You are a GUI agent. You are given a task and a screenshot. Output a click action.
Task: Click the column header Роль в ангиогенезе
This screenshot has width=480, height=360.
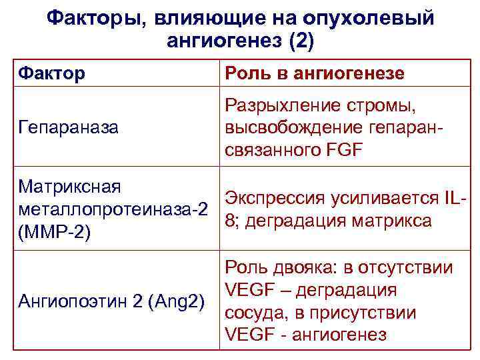[x=315, y=73]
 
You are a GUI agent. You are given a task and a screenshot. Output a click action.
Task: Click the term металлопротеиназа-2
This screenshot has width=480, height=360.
[x=111, y=209]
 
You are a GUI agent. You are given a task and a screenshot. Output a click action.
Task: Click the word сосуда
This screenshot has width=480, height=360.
[x=254, y=312]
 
